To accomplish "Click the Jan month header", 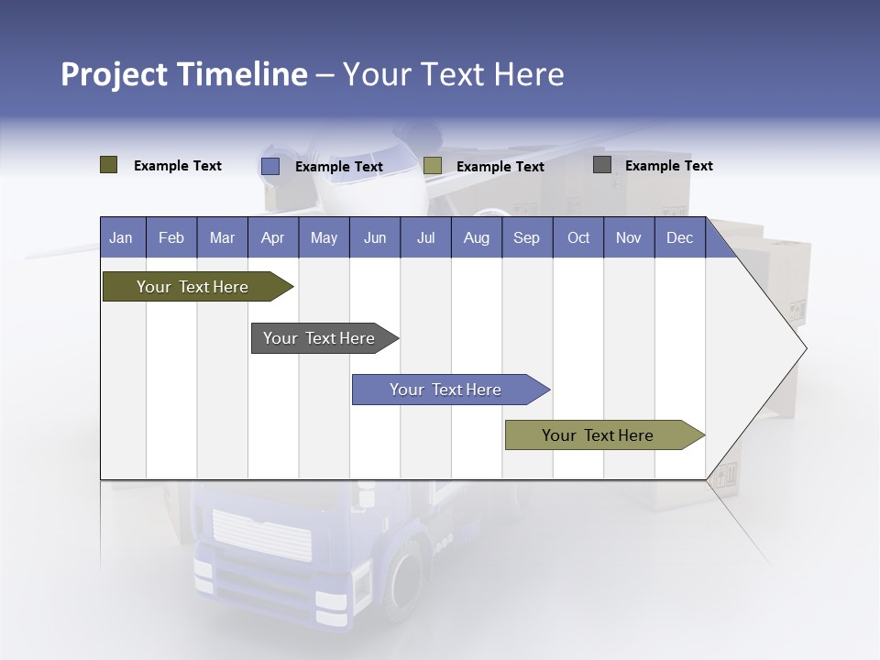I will point(121,237).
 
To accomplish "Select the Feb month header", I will point(171,237).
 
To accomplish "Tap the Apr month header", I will point(272,237).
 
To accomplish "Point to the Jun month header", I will point(375,237).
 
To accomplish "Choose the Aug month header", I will point(476,237).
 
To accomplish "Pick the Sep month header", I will point(526,237).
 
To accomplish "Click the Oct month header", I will point(578,237).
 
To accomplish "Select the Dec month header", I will point(679,237).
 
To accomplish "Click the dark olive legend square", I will point(109,165).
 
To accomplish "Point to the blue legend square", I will point(270,166).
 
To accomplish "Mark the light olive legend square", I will point(433,166).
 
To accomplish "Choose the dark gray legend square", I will point(602,165).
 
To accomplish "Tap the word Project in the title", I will point(113,74).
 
